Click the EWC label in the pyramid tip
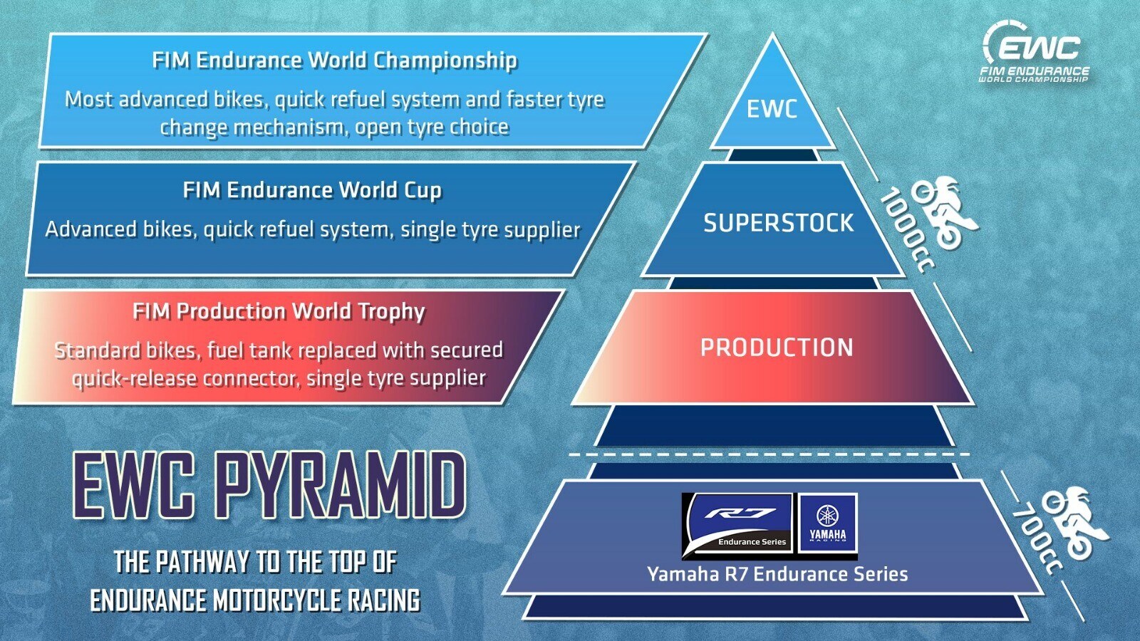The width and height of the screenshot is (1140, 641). pyautogui.click(x=772, y=109)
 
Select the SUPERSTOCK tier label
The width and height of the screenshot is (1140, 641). pyautogui.click(x=778, y=223)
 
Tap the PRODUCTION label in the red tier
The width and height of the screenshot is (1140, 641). pyautogui.click(x=777, y=348)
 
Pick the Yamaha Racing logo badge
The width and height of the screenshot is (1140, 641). pyautogui.click(x=828, y=523)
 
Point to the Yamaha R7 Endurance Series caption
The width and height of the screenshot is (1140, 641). pyautogui.click(x=777, y=574)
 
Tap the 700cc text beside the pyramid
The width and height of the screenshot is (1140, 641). pyautogui.click(x=1037, y=538)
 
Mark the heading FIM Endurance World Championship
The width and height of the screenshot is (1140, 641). pyautogui.click(x=334, y=61)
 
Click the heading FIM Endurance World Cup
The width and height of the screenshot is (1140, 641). pyautogui.click(x=312, y=190)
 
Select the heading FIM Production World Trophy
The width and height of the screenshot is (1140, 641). pyautogui.click(x=279, y=311)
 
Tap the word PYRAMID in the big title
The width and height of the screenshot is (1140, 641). pyautogui.click(x=341, y=486)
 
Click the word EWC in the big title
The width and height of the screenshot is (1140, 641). pyautogui.click(x=134, y=486)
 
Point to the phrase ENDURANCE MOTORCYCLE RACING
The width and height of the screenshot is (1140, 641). pyautogui.click(x=254, y=600)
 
